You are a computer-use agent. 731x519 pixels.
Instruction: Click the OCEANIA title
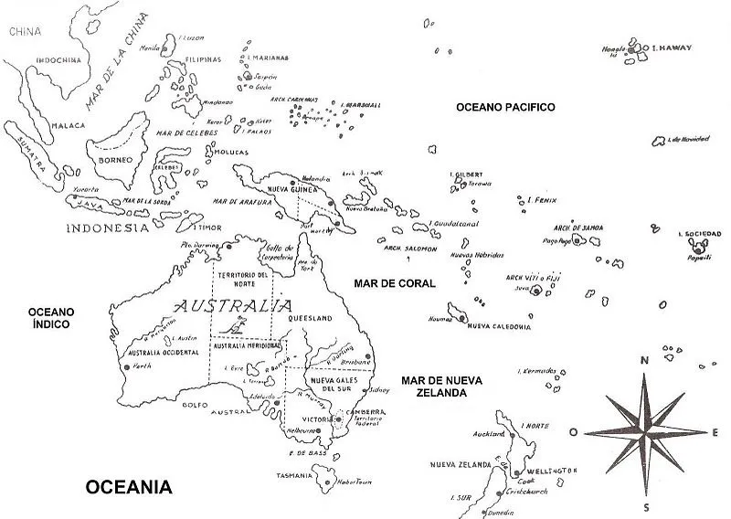(x=128, y=487)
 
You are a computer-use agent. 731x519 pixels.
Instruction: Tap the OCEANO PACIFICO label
(x=505, y=108)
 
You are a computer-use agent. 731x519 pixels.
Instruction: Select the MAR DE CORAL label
(x=395, y=284)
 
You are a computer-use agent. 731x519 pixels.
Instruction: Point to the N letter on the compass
(x=645, y=361)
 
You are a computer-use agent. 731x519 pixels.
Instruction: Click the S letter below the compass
(x=645, y=507)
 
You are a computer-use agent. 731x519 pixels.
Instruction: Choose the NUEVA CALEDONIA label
(x=498, y=326)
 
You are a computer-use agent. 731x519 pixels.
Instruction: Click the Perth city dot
(x=126, y=366)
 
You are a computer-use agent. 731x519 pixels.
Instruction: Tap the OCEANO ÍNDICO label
(x=51, y=317)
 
